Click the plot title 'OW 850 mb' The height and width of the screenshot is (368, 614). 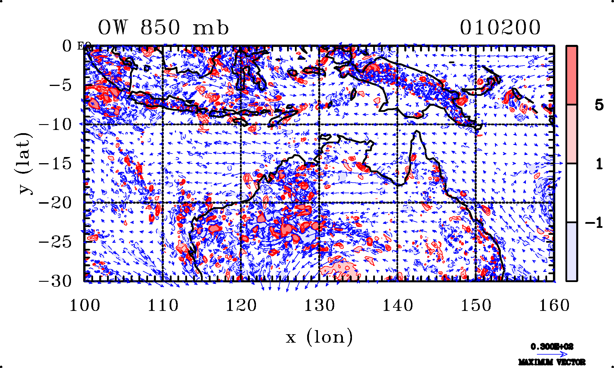[163, 28]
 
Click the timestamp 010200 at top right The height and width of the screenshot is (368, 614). [500, 28]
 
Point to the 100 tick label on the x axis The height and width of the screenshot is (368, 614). [85, 306]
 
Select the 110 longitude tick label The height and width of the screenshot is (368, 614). [163, 306]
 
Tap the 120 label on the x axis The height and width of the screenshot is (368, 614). [241, 306]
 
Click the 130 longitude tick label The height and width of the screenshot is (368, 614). [319, 306]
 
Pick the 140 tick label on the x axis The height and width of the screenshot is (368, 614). [398, 306]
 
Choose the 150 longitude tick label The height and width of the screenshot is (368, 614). [476, 306]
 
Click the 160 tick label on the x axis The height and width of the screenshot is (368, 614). [554, 306]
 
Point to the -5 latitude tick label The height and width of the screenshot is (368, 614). [60, 85]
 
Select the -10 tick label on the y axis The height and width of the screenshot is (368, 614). [55, 125]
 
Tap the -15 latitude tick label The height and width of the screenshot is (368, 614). [55, 164]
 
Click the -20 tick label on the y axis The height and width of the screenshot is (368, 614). [55, 203]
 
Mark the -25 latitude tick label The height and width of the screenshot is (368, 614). [55, 242]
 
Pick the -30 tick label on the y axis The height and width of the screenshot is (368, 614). [55, 281]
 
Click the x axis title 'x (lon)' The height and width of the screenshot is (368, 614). [319, 337]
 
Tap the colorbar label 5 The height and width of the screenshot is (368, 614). [599, 105]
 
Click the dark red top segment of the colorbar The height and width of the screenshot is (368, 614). [572, 75]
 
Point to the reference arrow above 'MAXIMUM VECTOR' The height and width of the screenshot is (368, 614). [552, 354]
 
